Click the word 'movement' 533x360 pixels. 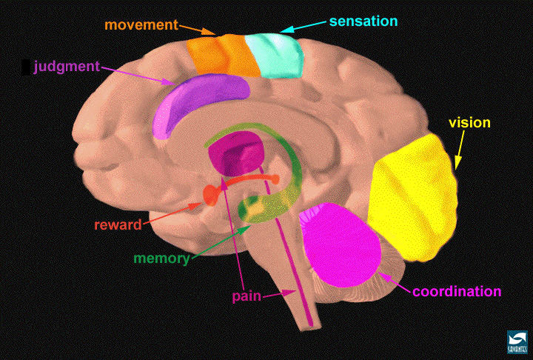tap(141, 25)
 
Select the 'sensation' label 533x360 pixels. tap(363, 21)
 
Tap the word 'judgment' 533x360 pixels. tap(67, 67)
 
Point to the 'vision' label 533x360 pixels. tap(469, 122)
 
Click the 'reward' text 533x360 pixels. tap(118, 225)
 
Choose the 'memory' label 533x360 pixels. tap(161, 259)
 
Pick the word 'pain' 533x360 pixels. tap(247, 296)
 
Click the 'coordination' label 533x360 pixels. tap(457, 292)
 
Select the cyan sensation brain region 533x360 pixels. tap(275, 56)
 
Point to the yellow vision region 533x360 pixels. tap(413, 198)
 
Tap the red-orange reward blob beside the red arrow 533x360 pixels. tap(211, 195)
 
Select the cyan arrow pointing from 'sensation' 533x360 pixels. tap(303, 27)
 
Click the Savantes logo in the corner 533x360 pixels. tap(517, 342)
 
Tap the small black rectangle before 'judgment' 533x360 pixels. tap(25, 67)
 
